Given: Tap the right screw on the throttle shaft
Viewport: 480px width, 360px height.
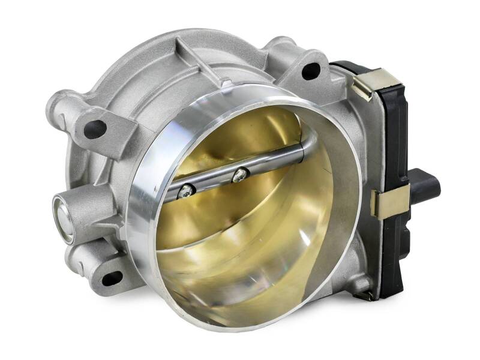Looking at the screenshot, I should point(240,175).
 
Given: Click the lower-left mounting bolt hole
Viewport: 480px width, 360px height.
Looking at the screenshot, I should point(111,278).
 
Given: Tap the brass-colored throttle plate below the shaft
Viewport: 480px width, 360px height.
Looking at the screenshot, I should point(252,240).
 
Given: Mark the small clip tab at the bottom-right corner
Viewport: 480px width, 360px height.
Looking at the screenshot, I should point(364,294).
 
